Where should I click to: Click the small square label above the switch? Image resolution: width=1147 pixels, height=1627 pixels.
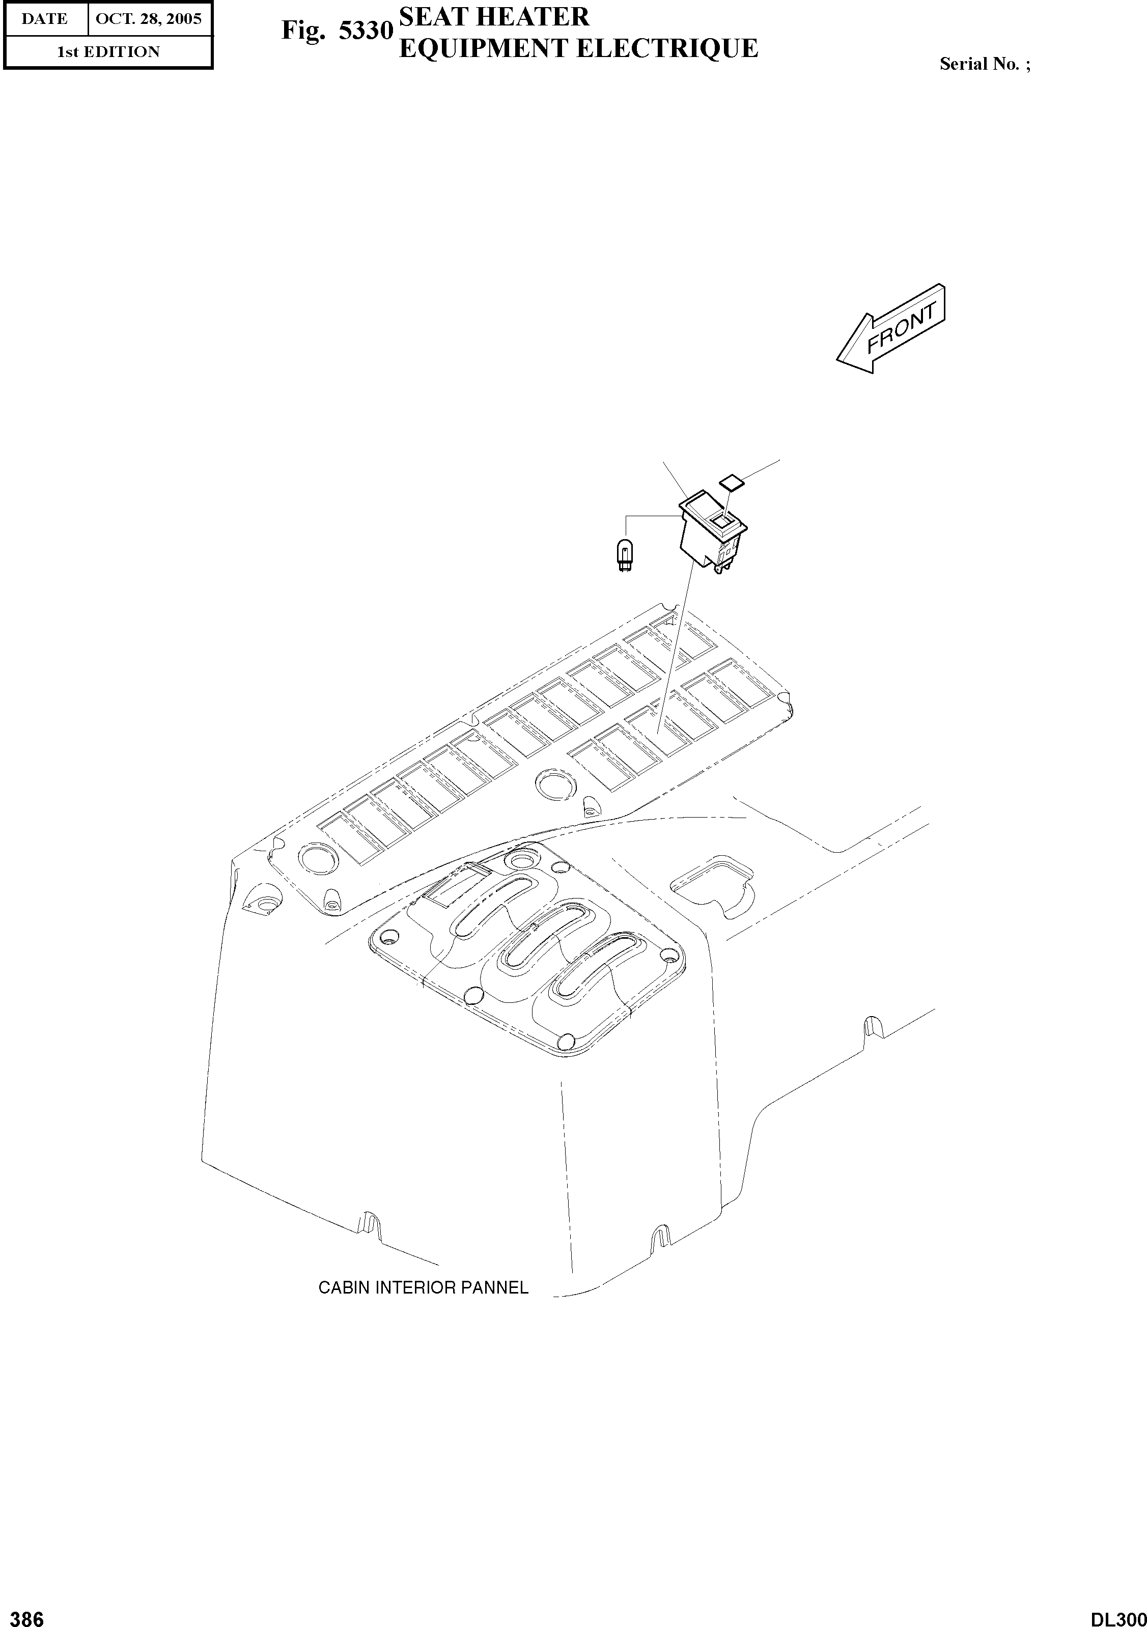[731, 482]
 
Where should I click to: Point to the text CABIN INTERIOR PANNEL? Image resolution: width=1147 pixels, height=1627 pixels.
[423, 1287]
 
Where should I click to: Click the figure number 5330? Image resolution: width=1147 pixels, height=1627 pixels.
[366, 31]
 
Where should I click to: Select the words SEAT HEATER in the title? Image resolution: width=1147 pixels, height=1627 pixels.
[494, 16]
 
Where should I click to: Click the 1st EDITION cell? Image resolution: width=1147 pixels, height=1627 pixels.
[108, 52]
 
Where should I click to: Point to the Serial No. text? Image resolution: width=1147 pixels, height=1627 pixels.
[984, 64]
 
